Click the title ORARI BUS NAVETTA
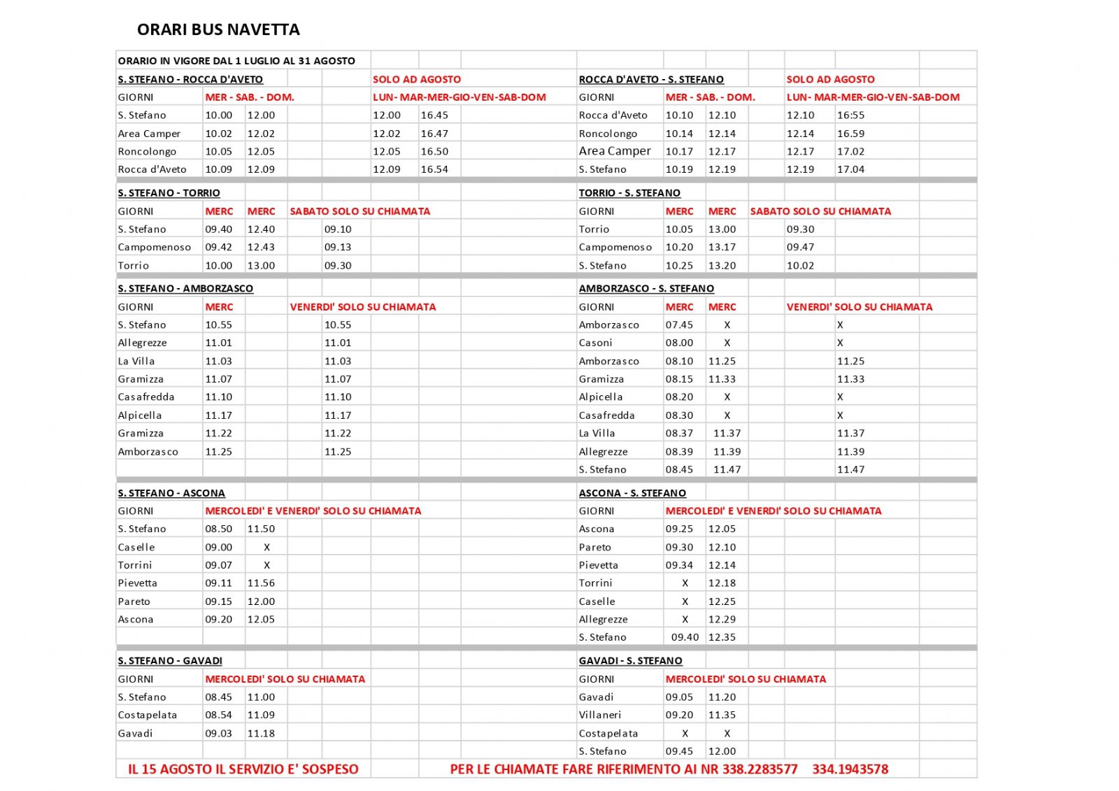click(218, 29)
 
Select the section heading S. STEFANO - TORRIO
click(169, 193)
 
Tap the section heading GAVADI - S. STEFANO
click(630, 661)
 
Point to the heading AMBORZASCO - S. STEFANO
click(646, 288)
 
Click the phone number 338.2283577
click(760, 769)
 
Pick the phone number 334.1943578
click(850, 769)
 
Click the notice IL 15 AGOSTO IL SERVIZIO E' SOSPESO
click(243, 769)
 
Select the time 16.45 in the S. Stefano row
click(434, 115)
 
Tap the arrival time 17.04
click(850, 169)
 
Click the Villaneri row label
click(599, 715)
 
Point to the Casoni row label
click(595, 343)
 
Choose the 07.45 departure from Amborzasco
click(679, 325)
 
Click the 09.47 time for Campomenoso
click(800, 247)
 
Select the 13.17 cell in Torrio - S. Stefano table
click(722, 247)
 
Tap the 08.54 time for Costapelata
click(218, 715)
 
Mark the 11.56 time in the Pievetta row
click(261, 583)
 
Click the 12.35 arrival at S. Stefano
click(722, 637)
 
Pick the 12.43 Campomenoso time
click(261, 247)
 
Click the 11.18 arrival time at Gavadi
click(261, 733)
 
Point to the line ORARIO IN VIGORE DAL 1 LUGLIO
click(236, 61)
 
